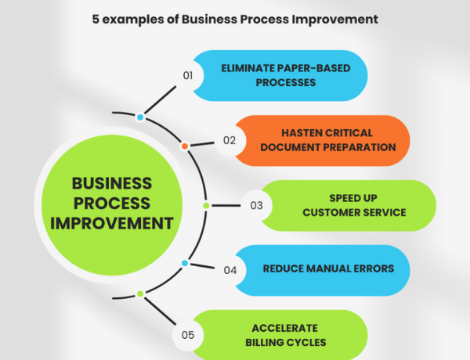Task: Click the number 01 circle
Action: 188,76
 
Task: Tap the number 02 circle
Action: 230,141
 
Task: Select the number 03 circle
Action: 256,206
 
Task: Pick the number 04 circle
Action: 230,270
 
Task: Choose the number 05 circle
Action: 188,336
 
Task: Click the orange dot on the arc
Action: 185,146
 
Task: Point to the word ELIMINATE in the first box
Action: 248,68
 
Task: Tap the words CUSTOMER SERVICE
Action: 354,212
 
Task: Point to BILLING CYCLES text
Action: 295,342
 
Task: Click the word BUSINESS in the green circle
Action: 112,184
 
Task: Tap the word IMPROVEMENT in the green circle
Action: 112,223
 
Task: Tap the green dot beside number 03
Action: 206,206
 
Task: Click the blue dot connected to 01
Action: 140,117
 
